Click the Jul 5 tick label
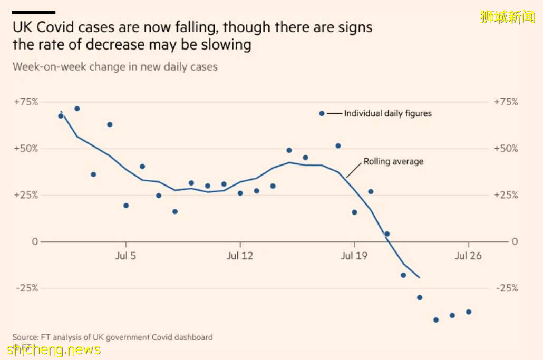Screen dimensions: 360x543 [x=125, y=256]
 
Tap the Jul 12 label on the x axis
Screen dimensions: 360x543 [x=240, y=256]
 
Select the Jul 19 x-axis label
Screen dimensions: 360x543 [x=354, y=256]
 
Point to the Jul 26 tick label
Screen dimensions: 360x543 [x=468, y=256]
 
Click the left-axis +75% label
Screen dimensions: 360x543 [x=26, y=102]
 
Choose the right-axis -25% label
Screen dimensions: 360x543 [x=506, y=288]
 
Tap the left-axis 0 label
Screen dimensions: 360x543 [x=35, y=241]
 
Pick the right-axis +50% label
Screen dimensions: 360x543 [x=506, y=149]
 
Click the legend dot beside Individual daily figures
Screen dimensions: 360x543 [x=322, y=113]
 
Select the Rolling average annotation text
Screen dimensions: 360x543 [x=393, y=162]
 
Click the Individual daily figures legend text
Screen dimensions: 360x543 [x=387, y=113]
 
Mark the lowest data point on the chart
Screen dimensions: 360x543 [x=436, y=320]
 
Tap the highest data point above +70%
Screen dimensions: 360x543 [x=77, y=109]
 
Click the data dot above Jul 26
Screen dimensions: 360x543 [x=468, y=312]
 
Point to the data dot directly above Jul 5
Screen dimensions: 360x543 [x=126, y=206]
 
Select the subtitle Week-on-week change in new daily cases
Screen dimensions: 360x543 [x=115, y=67]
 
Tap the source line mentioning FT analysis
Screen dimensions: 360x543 [x=113, y=337]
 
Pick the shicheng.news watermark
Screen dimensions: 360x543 [x=54, y=350]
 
